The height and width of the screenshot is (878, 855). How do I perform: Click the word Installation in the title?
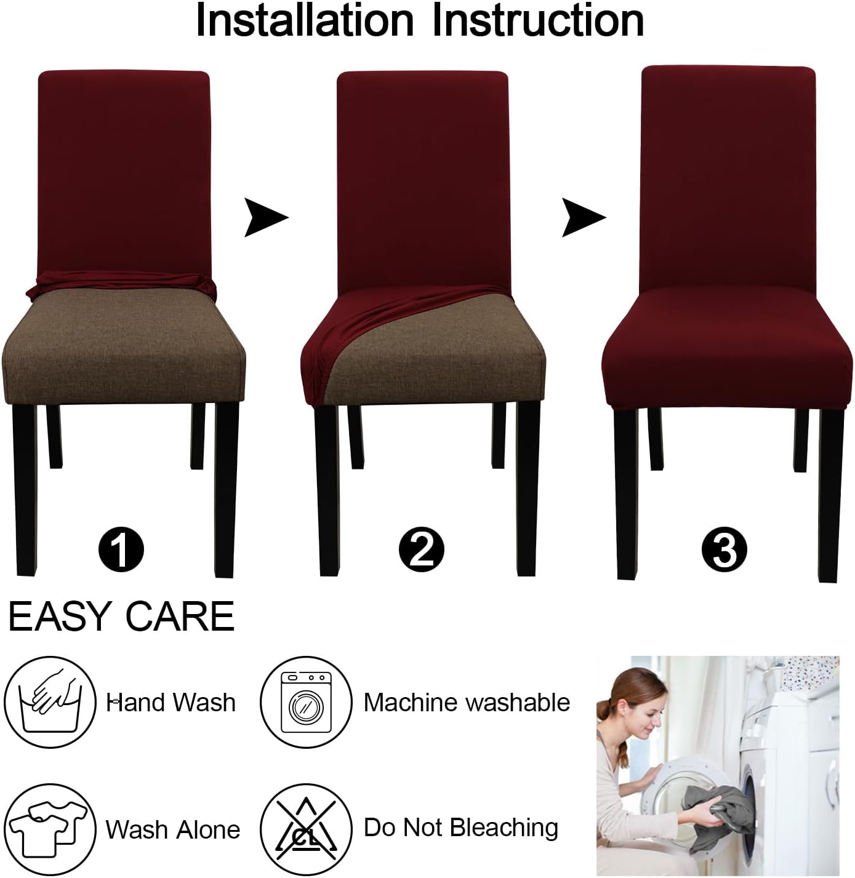pos(304,21)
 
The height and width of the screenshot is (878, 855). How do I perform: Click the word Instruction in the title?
pos(537,21)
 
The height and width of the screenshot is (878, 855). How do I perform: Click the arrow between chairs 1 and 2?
pos(265,217)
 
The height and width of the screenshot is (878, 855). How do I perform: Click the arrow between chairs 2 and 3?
pos(582,217)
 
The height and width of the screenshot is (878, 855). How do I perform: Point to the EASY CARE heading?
pos(121,616)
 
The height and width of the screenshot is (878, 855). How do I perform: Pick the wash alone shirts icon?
pos(50,828)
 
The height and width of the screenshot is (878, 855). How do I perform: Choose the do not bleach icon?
pos(306,828)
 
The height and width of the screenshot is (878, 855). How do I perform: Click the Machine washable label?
pos(467,703)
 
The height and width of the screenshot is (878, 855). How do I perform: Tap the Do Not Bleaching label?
pos(460,828)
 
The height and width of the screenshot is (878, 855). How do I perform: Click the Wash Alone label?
pos(172,829)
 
